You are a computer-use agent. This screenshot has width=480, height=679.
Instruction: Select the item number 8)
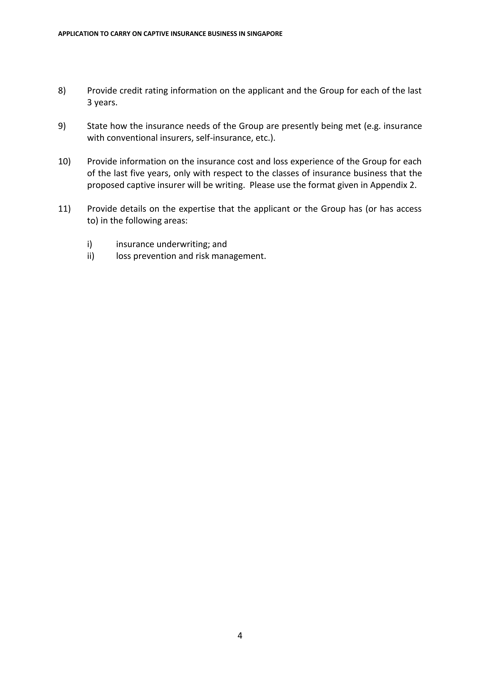click(62, 91)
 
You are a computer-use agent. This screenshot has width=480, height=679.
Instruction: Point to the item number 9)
click(62, 126)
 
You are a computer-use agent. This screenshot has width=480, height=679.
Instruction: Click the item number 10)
click(64, 162)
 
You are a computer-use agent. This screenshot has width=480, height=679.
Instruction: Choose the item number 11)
click(64, 209)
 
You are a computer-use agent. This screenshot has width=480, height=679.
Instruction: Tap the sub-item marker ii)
click(90, 256)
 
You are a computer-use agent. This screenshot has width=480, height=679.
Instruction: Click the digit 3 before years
click(89, 103)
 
